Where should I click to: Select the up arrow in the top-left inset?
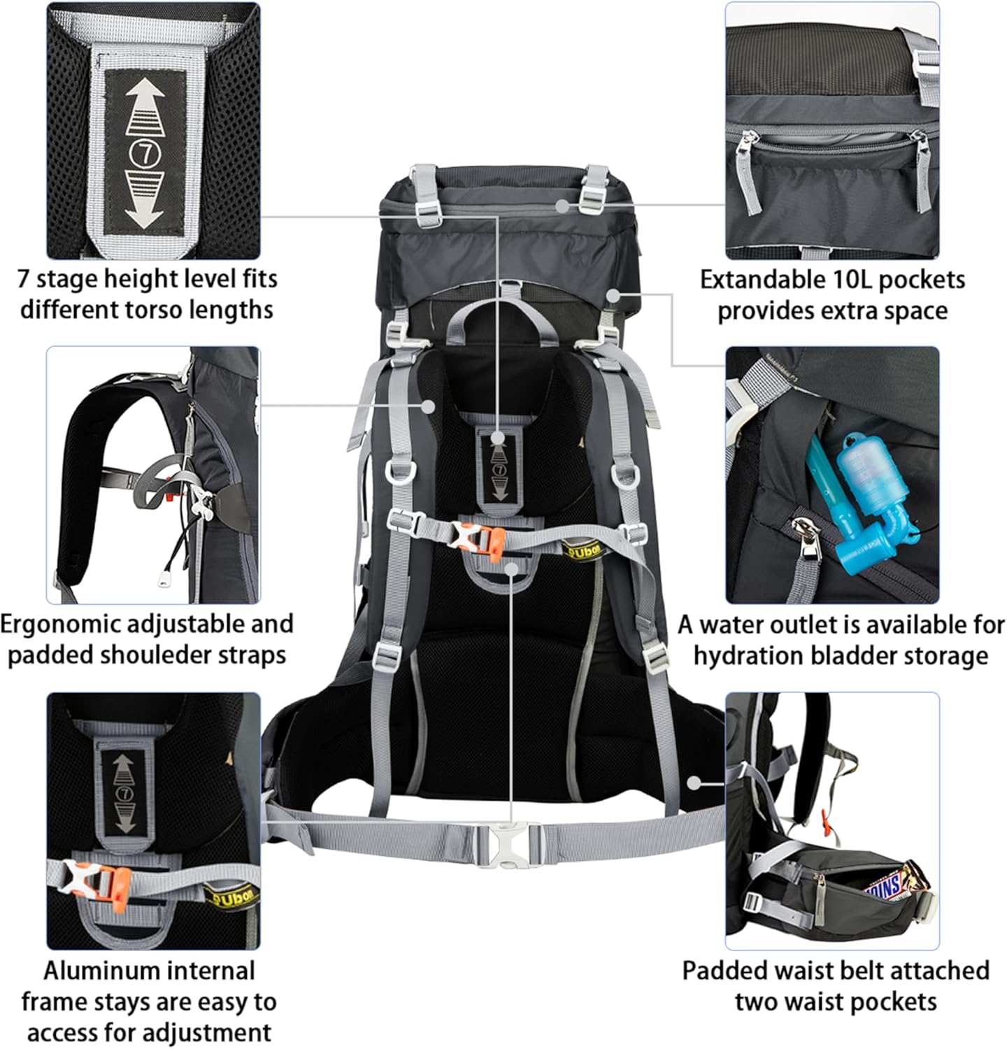pyautogui.click(x=145, y=105)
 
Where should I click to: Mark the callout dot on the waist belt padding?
pyautogui.click(x=694, y=783)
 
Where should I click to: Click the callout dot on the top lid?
pyautogui.click(x=562, y=205)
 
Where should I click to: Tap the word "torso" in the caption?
pyautogui.click(x=173, y=309)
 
